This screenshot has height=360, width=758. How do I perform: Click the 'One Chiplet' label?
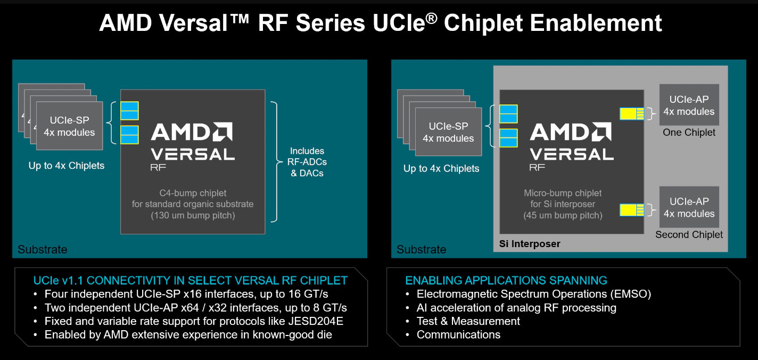[689, 133]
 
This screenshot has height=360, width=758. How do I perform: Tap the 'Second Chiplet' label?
[689, 234]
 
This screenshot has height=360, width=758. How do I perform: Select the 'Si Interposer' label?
[530, 244]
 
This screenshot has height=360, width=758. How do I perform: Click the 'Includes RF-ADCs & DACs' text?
[307, 162]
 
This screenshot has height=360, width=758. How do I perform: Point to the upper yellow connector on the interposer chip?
[632, 114]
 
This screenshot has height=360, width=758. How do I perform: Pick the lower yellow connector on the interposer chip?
[632, 210]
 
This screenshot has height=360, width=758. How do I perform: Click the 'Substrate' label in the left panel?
[42, 250]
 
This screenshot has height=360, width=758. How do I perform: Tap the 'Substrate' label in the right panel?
[421, 250]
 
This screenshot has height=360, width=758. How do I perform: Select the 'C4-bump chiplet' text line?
[193, 193]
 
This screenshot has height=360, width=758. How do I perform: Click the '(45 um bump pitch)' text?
[563, 215]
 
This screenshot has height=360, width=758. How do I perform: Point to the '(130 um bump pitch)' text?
[193, 215]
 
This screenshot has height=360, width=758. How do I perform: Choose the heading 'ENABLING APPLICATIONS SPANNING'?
[506, 281]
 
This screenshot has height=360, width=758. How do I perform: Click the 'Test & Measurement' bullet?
[468, 321]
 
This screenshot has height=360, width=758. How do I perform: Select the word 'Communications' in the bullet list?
[458, 334]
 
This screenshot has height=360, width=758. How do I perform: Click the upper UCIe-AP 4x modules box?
[689, 105]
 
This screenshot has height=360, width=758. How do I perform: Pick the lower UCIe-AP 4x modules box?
[689, 207]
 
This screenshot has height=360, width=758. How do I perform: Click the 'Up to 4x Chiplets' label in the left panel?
[67, 166]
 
